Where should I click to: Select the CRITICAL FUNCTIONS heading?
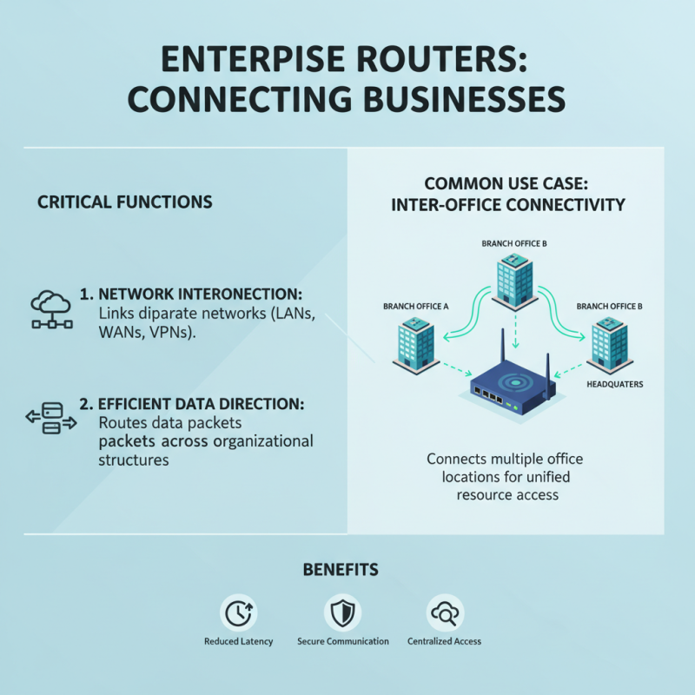click(x=124, y=202)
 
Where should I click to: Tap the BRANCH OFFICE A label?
click(x=415, y=307)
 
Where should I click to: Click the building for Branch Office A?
click(x=414, y=344)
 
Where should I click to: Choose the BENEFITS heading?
click(x=341, y=570)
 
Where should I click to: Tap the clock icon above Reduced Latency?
click(x=238, y=612)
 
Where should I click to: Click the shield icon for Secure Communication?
click(x=342, y=612)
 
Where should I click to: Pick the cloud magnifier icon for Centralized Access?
click(x=444, y=612)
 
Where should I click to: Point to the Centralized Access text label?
click(x=444, y=641)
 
